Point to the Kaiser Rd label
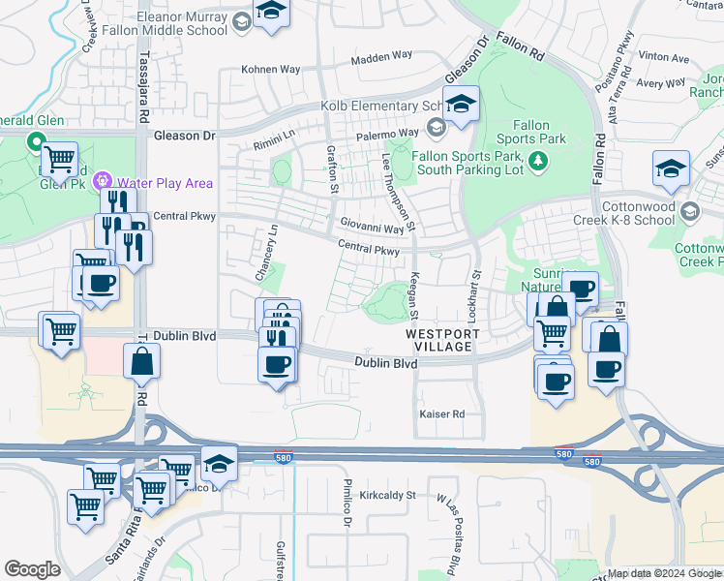pyautogui.click(x=442, y=414)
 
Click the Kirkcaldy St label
pyautogui.click(x=386, y=495)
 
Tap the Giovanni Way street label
pyautogui.click(x=372, y=229)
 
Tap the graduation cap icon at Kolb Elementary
pyautogui.click(x=461, y=102)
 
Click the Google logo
pyautogui.click(x=32, y=569)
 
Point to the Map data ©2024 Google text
pyautogui.click(x=662, y=573)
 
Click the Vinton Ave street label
pyautogui.click(x=664, y=58)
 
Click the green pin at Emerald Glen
pyautogui.click(x=38, y=144)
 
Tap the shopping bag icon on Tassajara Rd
pyautogui.click(x=141, y=362)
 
